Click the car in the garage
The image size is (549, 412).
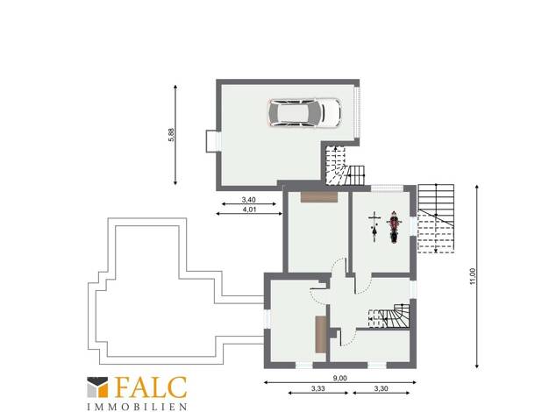304,113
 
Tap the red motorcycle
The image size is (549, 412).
394,227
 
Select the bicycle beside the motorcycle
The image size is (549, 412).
374,227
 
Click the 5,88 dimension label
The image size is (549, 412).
171,135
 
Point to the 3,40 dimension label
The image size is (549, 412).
248,200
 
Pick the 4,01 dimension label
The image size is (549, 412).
248,210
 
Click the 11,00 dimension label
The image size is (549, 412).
473,276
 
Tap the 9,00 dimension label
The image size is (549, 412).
339,379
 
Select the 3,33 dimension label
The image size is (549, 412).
318,388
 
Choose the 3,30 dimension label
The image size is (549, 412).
381,388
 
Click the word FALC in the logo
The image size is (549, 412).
151,387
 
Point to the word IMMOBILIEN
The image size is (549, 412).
137,407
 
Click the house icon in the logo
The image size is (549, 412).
97,387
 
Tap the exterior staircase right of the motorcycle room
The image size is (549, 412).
436,218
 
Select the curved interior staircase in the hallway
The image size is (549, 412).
389,316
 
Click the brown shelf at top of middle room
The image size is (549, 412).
318,196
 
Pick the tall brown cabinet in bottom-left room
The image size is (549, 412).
321,334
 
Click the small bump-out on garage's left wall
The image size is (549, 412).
213,141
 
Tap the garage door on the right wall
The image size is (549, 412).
357,112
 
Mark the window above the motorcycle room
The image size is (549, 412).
387,188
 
